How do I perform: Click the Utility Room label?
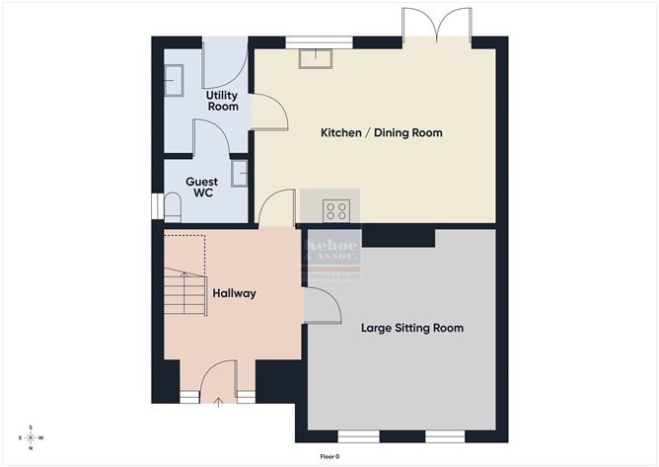click(x=222, y=100)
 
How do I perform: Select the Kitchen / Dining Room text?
click(x=382, y=132)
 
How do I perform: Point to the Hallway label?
click(x=235, y=293)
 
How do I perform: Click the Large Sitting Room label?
click(x=411, y=328)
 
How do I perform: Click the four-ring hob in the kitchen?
click(x=336, y=209)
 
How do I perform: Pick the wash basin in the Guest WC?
click(x=240, y=173)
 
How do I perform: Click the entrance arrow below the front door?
click(x=218, y=401)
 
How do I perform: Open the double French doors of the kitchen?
click(x=435, y=26)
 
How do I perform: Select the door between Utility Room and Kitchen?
click(x=268, y=112)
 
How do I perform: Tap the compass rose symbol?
click(x=31, y=437)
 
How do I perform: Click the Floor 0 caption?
click(x=329, y=456)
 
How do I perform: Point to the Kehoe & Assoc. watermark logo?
click(x=332, y=254)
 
